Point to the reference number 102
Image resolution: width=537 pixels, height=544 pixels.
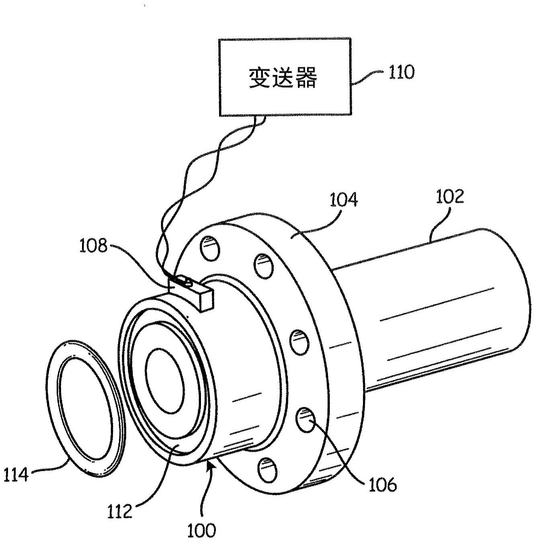point(450,197)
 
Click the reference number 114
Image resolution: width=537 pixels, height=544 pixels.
point(16,475)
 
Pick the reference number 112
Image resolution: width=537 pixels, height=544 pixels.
point(120,511)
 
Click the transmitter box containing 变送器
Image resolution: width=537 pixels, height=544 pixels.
point(285,77)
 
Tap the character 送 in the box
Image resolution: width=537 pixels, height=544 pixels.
point(284,77)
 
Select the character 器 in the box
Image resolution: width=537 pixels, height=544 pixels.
point(306,77)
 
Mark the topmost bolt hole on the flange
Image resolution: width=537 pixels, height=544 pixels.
point(210,248)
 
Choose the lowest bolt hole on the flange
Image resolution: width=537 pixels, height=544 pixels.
point(266,470)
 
